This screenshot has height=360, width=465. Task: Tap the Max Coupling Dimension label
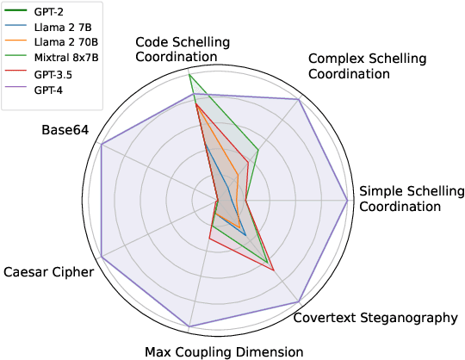(x=224, y=351)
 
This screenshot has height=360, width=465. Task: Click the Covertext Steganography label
(x=375, y=318)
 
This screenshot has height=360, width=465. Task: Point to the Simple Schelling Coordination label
(x=411, y=198)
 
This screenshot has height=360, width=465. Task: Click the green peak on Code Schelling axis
(x=189, y=75)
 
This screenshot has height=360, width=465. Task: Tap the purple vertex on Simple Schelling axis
(x=347, y=201)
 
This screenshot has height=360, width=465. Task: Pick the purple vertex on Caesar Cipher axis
(x=102, y=257)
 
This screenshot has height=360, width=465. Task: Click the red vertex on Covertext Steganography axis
(x=274, y=270)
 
